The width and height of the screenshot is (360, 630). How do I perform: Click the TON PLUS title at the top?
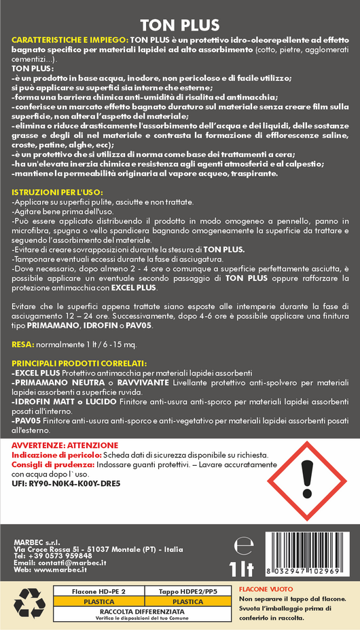tap(180, 24)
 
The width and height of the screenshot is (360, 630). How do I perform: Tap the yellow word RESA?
tap(22, 345)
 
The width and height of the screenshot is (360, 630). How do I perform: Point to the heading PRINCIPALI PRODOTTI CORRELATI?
tap(79, 363)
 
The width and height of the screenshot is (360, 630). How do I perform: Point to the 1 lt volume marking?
tap(242, 566)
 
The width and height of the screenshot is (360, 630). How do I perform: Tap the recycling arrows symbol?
tap(29, 603)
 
